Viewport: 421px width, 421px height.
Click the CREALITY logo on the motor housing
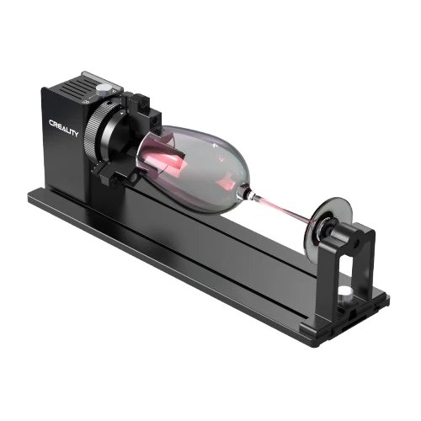64,127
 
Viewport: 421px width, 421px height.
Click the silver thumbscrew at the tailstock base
344,292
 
